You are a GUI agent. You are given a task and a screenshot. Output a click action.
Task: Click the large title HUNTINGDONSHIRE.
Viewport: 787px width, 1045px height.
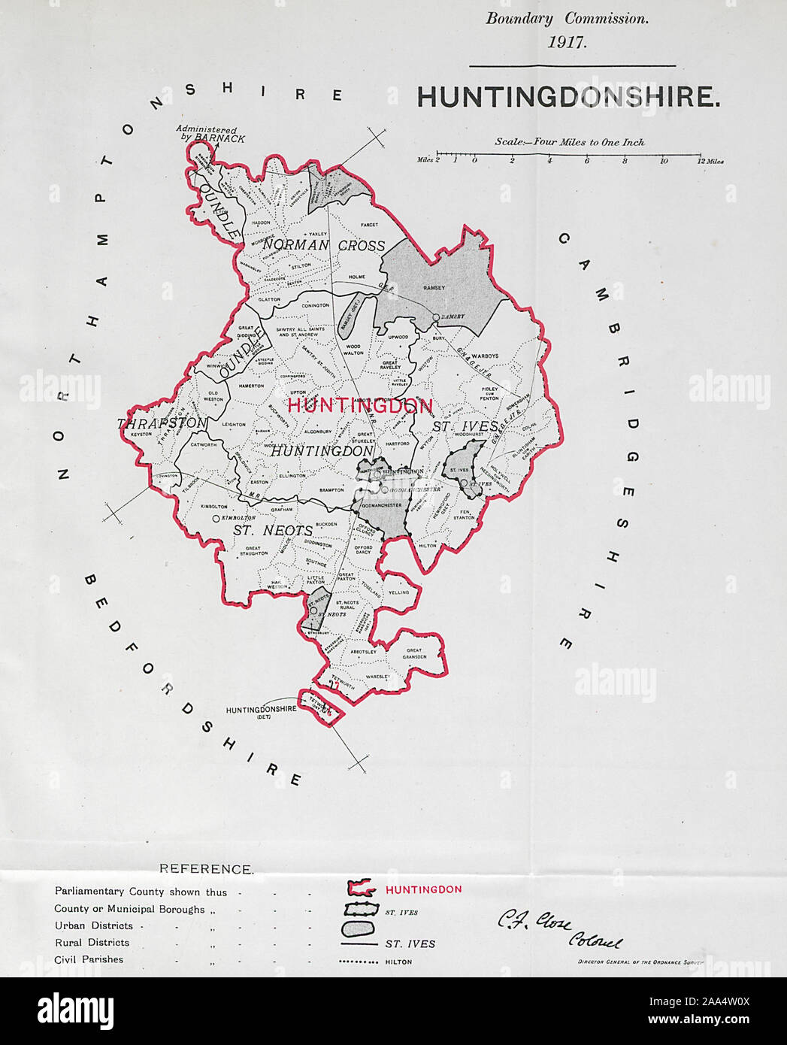[x=568, y=98]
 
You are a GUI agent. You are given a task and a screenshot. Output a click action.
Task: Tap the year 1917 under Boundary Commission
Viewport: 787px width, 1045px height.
[x=567, y=42]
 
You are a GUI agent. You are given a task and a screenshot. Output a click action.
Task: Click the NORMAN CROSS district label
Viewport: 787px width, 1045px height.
[x=324, y=246]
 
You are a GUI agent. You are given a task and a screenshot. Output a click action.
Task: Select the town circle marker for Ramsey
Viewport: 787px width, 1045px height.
[x=436, y=319]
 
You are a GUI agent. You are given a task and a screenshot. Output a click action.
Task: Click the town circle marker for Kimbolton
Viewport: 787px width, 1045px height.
[x=216, y=519]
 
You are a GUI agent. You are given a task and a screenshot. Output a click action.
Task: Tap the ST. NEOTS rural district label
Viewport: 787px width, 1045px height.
[x=272, y=530]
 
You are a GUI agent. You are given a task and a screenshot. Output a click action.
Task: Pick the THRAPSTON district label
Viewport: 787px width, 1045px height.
[x=162, y=424]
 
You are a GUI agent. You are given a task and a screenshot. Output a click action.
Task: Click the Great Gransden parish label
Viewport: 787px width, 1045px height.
[x=415, y=653]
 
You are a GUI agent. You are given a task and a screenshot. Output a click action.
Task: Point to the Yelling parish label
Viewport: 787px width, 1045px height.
[x=399, y=592]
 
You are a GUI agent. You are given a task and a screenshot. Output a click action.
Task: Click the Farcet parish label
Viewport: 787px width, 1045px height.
[x=369, y=224]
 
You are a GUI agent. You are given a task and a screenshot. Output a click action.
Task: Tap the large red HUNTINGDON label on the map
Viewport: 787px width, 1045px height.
[x=360, y=406]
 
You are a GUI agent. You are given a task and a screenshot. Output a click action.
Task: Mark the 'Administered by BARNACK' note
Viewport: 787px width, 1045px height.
[x=210, y=134]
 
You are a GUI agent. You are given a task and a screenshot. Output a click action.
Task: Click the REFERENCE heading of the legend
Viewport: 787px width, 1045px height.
[x=206, y=869]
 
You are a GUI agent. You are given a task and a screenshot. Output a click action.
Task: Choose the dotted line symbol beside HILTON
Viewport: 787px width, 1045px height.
[x=358, y=962]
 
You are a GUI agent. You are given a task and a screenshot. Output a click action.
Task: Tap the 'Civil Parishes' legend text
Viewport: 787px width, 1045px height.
[x=89, y=959]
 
